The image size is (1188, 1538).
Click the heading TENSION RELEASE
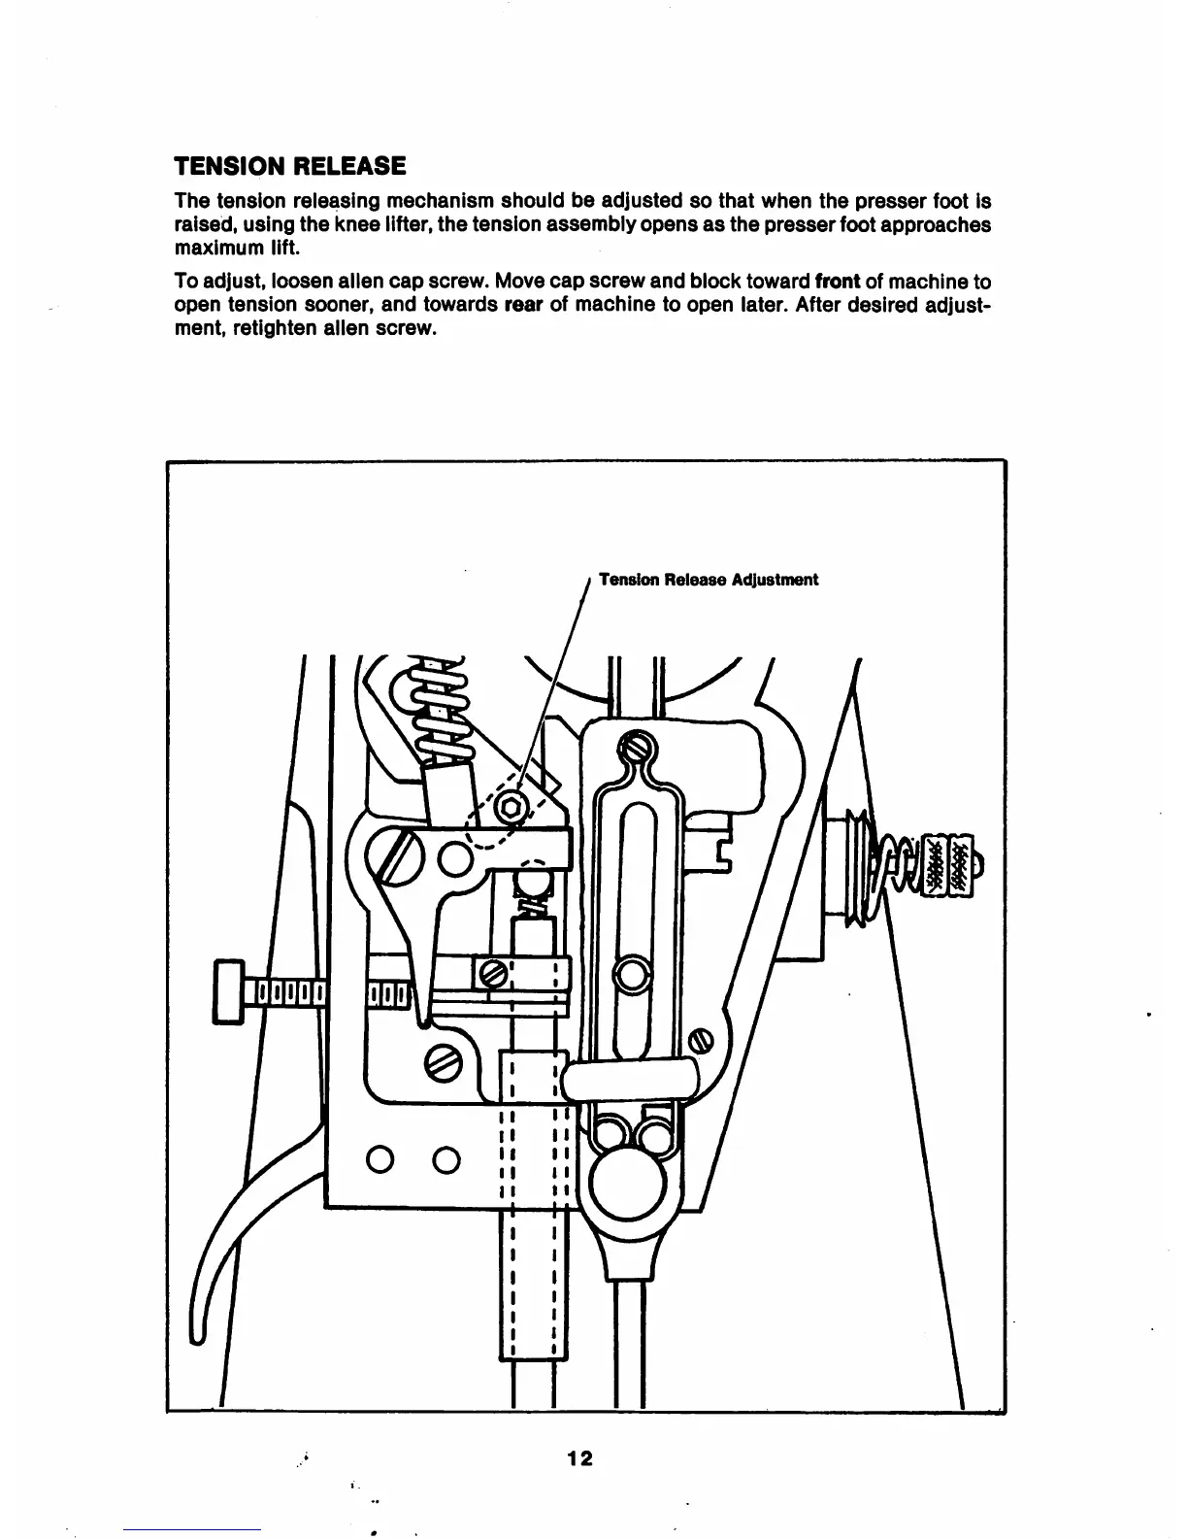tap(289, 165)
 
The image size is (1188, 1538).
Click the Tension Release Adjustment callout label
tap(709, 580)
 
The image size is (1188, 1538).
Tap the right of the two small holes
tap(445, 1160)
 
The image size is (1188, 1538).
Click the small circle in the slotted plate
tap(631, 974)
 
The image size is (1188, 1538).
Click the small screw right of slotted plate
tap(700, 1044)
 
